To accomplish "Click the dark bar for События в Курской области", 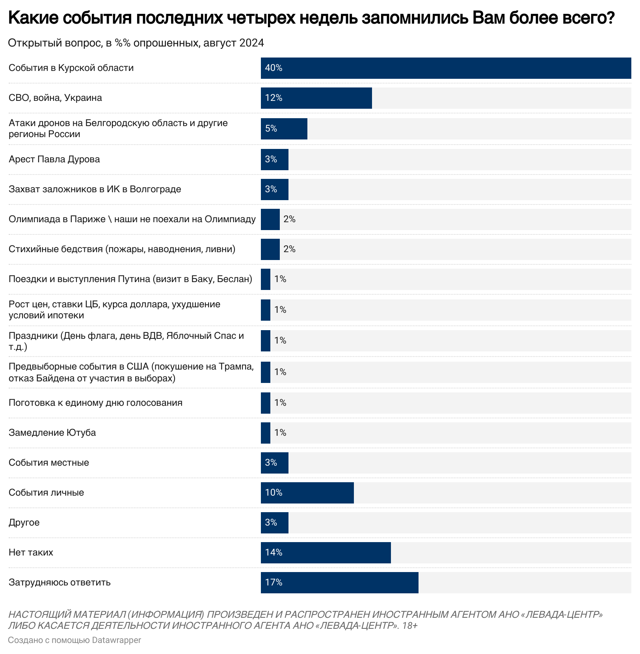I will point(445,68).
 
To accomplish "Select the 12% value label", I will point(273,98).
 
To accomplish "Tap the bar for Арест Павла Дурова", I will point(275,160).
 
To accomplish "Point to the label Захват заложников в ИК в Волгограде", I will point(95,189).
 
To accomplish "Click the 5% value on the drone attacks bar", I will point(271,129).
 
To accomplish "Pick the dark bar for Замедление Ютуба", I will point(266,433).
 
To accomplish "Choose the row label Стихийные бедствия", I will point(122,249).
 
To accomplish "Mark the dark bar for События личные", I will point(307,493).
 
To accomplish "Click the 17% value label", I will point(273,583).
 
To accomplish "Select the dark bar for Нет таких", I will point(326,553).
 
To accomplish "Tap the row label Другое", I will point(24,523).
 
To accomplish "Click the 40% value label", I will point(273,68).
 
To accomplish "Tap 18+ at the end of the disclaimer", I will point(410,626).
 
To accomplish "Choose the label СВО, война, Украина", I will point(55,98).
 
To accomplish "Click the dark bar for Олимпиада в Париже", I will point(270,219).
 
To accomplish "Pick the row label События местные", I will point(49,463).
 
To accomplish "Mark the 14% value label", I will point(273,553).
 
